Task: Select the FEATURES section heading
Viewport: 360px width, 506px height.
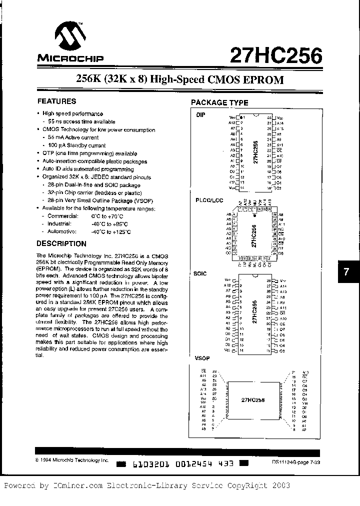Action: coord(57,101)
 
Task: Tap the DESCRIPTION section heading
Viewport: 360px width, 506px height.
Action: coord(62,243)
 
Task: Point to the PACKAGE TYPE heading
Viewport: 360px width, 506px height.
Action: coord(219,102)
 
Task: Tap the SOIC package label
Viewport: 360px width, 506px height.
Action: coord(200,274)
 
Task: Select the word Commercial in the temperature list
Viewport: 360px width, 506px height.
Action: coord(62,215)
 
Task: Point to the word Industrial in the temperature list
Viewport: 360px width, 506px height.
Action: coord(59,223)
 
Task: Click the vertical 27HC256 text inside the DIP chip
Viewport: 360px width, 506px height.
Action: coord(255,152)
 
